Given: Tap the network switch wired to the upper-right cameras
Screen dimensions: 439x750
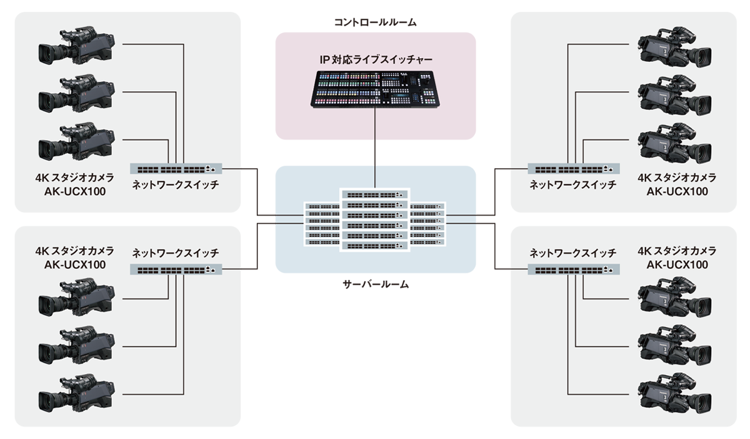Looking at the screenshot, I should pyautogui.click(x=574, y=169).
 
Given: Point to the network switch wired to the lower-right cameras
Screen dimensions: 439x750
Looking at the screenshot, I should pyautogui.click(x=574, y=270).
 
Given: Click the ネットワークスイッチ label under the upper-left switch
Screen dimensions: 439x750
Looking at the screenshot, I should pyautogui.click(x=176, y=185).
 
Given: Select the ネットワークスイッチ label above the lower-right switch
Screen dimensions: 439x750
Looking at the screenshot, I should pyautogui.click(x=573, y=253).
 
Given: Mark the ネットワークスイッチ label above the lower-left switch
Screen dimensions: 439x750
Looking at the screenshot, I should pyautogui.click(x=176, y=253).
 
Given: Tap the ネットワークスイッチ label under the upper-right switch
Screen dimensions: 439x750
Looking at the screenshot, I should pyautogui.click(x=573, y=185).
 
